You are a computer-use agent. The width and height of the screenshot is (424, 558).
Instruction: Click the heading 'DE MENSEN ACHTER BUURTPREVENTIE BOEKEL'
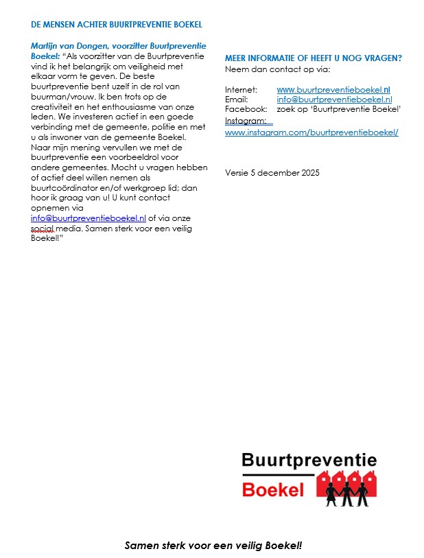[117, 25]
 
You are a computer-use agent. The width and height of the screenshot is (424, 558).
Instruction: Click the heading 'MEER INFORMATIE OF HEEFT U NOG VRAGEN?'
[314, 58]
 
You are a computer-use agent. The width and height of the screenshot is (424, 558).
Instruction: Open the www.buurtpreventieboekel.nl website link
[333, 90]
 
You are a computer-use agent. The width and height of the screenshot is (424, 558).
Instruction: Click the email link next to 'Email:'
[334, 100]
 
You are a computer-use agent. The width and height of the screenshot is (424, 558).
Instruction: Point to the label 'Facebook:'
[246, 109]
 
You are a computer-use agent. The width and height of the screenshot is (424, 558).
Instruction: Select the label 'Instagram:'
[246, 121]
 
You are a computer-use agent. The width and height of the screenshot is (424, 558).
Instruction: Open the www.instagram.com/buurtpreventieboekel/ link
[311, 132]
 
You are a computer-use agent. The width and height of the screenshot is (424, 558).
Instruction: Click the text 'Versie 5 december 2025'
[272, 172]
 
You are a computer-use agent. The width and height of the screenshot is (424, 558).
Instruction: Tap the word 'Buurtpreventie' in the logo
[309, 461]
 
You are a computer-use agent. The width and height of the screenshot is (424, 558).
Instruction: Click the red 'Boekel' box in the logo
[274, 489]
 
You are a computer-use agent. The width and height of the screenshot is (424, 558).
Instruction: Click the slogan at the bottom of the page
[213, 546]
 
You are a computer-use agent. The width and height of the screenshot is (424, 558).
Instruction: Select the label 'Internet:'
[242, 90]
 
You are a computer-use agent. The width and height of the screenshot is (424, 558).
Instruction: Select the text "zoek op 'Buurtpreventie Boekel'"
[339, 109]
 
